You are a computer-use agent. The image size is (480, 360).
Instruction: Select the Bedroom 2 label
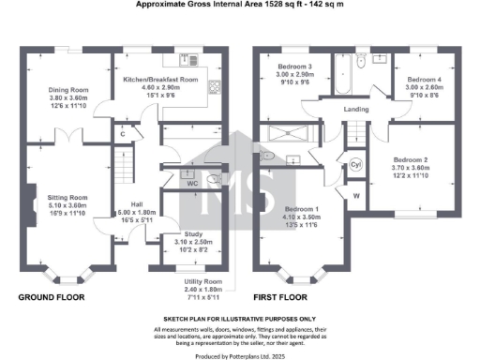[411, 159]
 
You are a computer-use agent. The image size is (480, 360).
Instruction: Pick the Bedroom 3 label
[297, 67]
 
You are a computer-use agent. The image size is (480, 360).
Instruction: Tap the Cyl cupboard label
[354, 164]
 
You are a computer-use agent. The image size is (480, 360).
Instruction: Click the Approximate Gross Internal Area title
[240, 6]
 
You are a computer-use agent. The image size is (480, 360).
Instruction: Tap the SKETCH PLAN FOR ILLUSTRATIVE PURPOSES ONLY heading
[240, 320]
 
